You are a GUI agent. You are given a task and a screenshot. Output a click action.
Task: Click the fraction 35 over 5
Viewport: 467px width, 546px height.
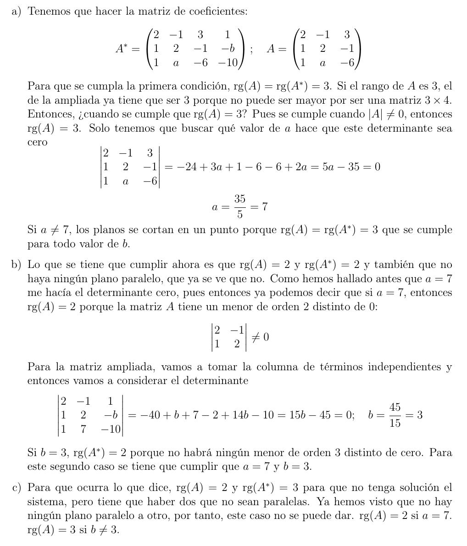[239, 207]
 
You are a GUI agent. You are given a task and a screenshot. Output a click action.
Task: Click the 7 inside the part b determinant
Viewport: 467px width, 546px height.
[83, 429]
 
